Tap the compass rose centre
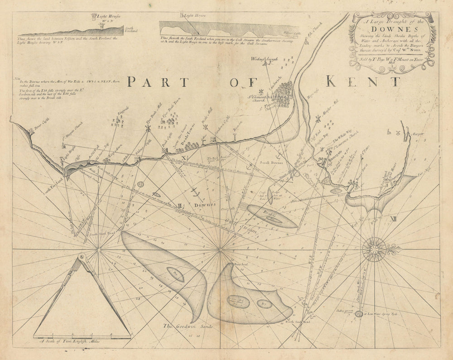(374, 249)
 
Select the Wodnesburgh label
(265, 59)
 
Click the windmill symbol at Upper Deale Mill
(148, 129)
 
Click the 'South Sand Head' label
(100, 234)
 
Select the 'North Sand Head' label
(297, 322)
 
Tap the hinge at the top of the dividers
(82, 257)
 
